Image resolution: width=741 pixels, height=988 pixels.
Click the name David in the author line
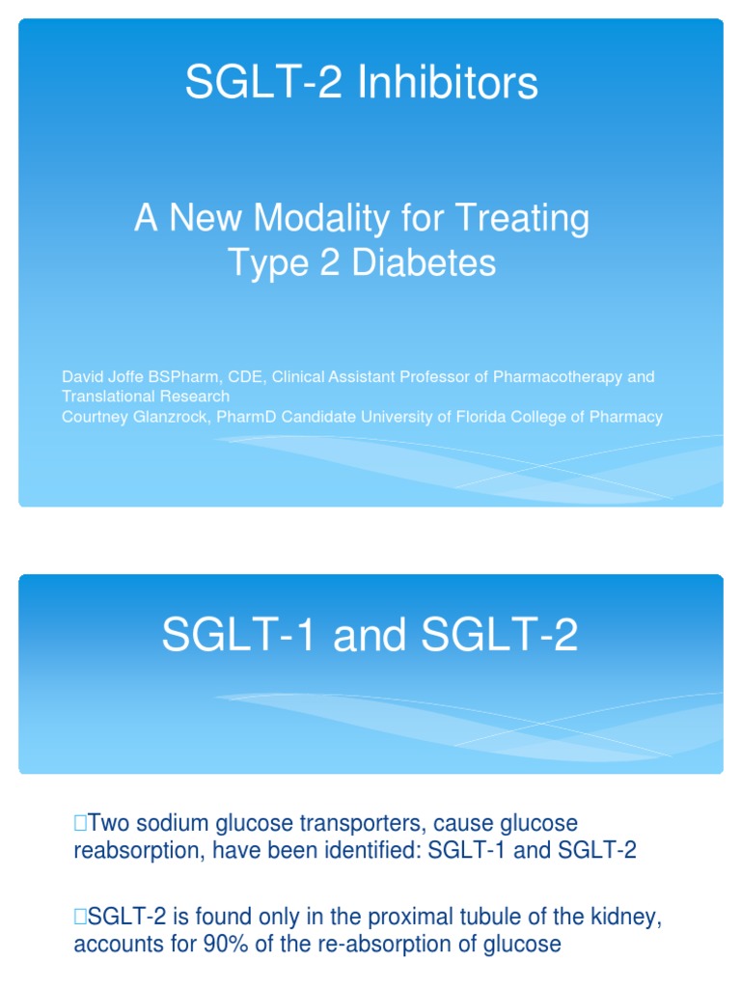point(81,376)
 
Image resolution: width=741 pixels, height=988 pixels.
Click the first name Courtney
point(95,417)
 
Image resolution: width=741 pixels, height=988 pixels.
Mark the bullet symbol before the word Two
point(79,823)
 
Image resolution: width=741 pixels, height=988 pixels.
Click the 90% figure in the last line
point(225,942)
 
